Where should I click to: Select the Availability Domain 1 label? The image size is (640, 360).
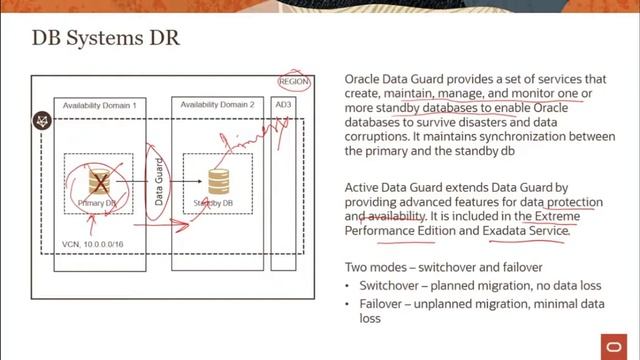tap(99, 105)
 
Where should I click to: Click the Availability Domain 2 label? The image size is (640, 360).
tap(219, 105)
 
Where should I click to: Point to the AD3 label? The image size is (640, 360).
tap(284, 105)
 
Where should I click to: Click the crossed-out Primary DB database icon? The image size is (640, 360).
tap(98, 182)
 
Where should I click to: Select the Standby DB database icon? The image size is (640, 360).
tap(218, 181)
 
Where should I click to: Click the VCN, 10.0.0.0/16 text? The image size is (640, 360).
tap(94, 243)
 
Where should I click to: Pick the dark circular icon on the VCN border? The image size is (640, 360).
tap(42, 121)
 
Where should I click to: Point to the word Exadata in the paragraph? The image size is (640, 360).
tap(510, 230)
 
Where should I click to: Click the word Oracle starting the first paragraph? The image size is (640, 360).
tap(363, 78)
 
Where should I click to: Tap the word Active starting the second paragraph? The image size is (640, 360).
tap(363, 186)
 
